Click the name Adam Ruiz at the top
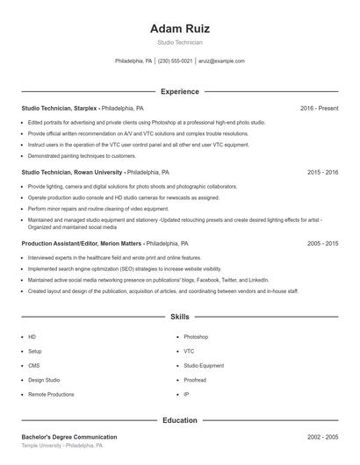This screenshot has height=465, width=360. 179,28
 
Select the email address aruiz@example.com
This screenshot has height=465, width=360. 221,61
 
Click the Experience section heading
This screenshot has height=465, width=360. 179,91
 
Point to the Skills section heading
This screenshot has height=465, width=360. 179,316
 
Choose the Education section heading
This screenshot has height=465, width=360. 179,420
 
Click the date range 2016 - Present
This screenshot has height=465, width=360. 319,108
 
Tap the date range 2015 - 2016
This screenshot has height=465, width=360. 322,173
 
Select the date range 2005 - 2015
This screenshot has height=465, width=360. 322,242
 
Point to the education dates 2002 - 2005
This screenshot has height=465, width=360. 322,437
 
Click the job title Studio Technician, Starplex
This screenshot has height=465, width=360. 60,108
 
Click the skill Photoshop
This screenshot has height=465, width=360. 196,337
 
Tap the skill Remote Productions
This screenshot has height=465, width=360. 51,395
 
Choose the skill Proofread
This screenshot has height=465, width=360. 195,380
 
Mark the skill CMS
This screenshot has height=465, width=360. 34,366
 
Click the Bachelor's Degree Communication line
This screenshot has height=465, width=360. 69,437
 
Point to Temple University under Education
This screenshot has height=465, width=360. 43,446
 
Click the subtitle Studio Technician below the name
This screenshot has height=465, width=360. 179,42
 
